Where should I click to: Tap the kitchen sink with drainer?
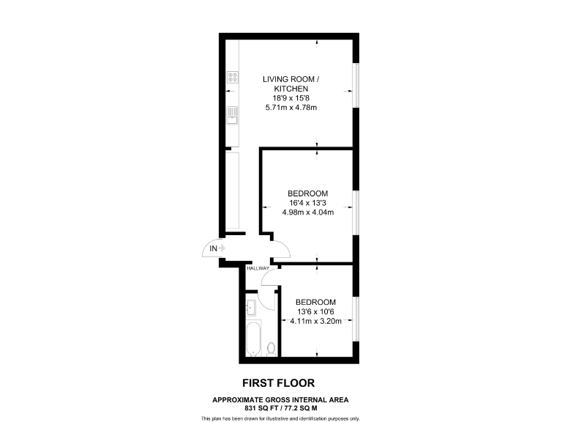pos(233,114)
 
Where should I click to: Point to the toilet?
pos(271,347)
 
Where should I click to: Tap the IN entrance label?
pos(214,249)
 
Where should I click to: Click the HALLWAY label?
pos(258,268)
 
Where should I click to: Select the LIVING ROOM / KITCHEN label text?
pos(291,84)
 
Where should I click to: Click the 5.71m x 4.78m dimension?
pos(291,108)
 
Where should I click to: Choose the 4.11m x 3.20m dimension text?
pos(315,321)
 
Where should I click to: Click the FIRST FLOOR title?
pos(280,382)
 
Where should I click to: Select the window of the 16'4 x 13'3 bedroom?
pos(356,213)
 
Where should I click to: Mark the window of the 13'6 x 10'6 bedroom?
pos(356,318)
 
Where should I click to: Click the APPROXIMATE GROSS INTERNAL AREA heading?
pos(281,399)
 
